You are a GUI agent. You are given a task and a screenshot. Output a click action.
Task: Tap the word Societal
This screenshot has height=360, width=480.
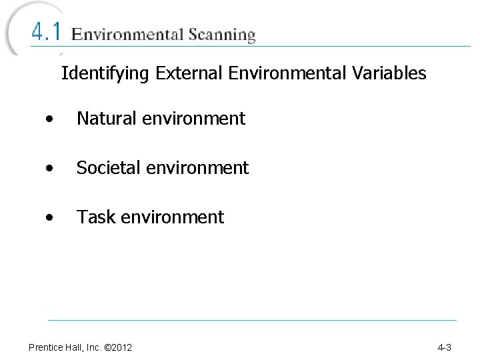click(x=107, y=168)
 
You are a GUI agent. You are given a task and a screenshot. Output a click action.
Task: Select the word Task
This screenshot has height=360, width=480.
click(x=96, y=217)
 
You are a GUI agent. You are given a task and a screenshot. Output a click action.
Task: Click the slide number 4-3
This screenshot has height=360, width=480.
click(x=445, y=347)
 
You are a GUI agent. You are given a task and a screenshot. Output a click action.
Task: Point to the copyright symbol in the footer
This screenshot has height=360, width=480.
click(x=107, y=347)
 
